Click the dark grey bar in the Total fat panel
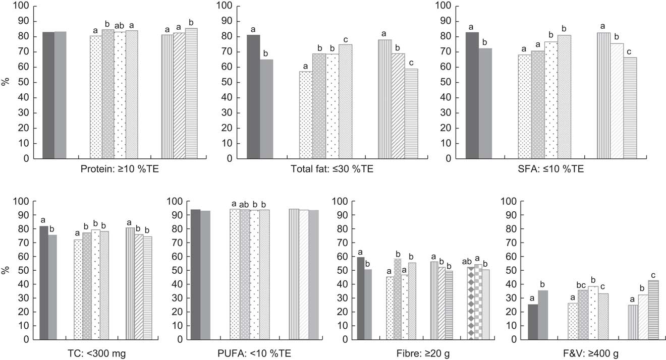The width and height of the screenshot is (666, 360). point(254,97)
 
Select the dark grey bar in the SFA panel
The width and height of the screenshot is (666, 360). point(472,95)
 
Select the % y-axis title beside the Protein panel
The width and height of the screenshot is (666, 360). point(6,82)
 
